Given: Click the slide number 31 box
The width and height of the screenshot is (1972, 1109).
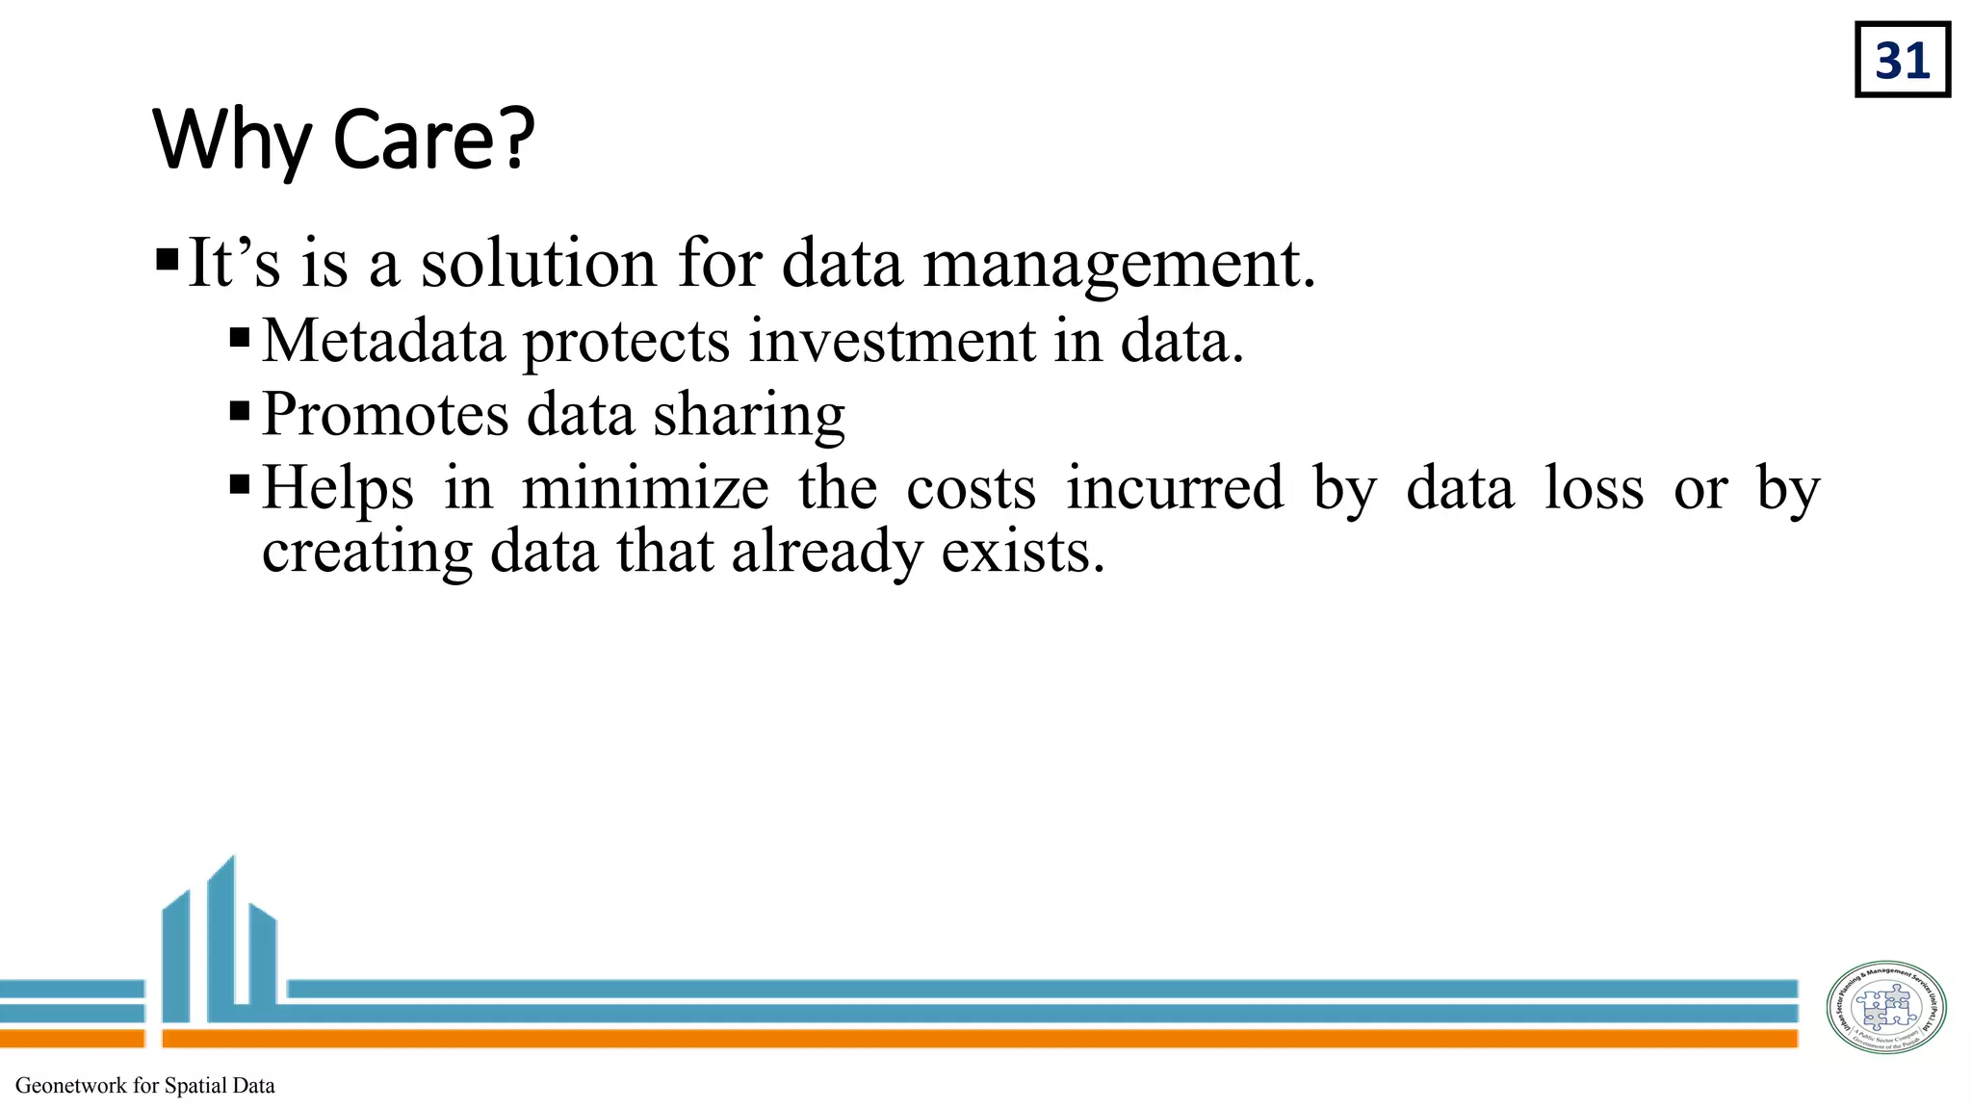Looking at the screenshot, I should [x=1902, y=61].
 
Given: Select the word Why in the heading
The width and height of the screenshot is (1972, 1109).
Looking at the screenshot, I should [x=231, y=141].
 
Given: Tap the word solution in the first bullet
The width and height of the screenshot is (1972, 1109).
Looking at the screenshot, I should [x=538, y=263].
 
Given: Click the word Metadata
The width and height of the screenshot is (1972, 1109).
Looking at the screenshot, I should [x=383, y=341].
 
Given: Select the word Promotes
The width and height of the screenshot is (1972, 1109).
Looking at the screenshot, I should [x=385, y=415].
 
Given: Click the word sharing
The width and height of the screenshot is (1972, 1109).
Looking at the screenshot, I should [x=749, y=415].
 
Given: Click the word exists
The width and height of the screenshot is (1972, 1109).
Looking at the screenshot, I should [x=1022, y=552].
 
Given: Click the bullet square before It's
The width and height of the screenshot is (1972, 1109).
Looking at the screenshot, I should [x=167, y=260].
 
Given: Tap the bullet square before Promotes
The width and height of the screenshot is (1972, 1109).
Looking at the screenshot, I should [x=240, y=411].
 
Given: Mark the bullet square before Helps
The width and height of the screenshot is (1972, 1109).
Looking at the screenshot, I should [x=240, y=483].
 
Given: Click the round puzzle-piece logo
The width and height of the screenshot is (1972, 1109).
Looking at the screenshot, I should [x=1886, y=1007].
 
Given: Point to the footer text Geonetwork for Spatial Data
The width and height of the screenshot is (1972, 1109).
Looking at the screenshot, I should [x=145, y=1086].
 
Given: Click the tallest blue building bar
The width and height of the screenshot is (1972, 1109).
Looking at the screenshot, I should [x=221, y=939].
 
